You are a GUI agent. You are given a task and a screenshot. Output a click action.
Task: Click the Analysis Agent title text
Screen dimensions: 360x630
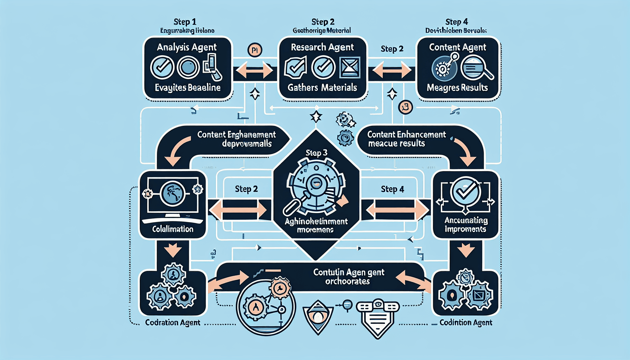(187, 47)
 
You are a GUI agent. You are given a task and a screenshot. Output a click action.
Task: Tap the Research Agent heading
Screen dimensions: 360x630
(322, 47)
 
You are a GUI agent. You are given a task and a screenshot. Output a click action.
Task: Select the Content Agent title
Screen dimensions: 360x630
(457, 47)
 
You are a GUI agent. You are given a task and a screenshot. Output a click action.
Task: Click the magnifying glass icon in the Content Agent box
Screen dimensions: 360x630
(476, 68)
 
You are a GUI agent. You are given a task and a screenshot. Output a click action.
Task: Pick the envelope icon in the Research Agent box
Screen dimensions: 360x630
(350, 67)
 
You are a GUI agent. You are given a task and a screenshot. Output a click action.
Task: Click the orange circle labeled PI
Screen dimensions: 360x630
(255, 50)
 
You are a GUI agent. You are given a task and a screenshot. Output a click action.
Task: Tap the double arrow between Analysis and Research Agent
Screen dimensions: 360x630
(255, 71)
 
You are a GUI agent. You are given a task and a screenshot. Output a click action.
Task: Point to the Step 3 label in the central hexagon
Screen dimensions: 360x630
(316, 153)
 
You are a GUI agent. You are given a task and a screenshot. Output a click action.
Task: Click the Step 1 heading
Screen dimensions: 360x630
(185, 22)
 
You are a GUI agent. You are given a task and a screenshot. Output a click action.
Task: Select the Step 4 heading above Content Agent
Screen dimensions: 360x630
(456, 22)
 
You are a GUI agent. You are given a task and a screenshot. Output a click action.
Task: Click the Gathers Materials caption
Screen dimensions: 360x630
(322, 88)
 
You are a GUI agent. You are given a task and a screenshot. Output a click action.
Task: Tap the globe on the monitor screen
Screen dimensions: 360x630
(172, 193)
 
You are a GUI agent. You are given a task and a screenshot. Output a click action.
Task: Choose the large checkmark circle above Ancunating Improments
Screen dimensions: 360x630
(465, 192)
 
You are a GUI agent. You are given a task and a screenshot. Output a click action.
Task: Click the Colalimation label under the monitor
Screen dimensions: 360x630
(173, 229)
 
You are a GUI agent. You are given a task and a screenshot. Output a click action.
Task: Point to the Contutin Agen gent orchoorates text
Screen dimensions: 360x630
(348, 277)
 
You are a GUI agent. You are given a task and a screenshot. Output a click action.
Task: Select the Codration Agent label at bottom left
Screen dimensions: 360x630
(173, 322)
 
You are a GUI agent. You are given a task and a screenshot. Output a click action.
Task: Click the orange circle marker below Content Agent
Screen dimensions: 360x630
(405, 107)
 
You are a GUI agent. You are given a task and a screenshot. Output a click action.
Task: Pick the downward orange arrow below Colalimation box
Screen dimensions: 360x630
(173, 251)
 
